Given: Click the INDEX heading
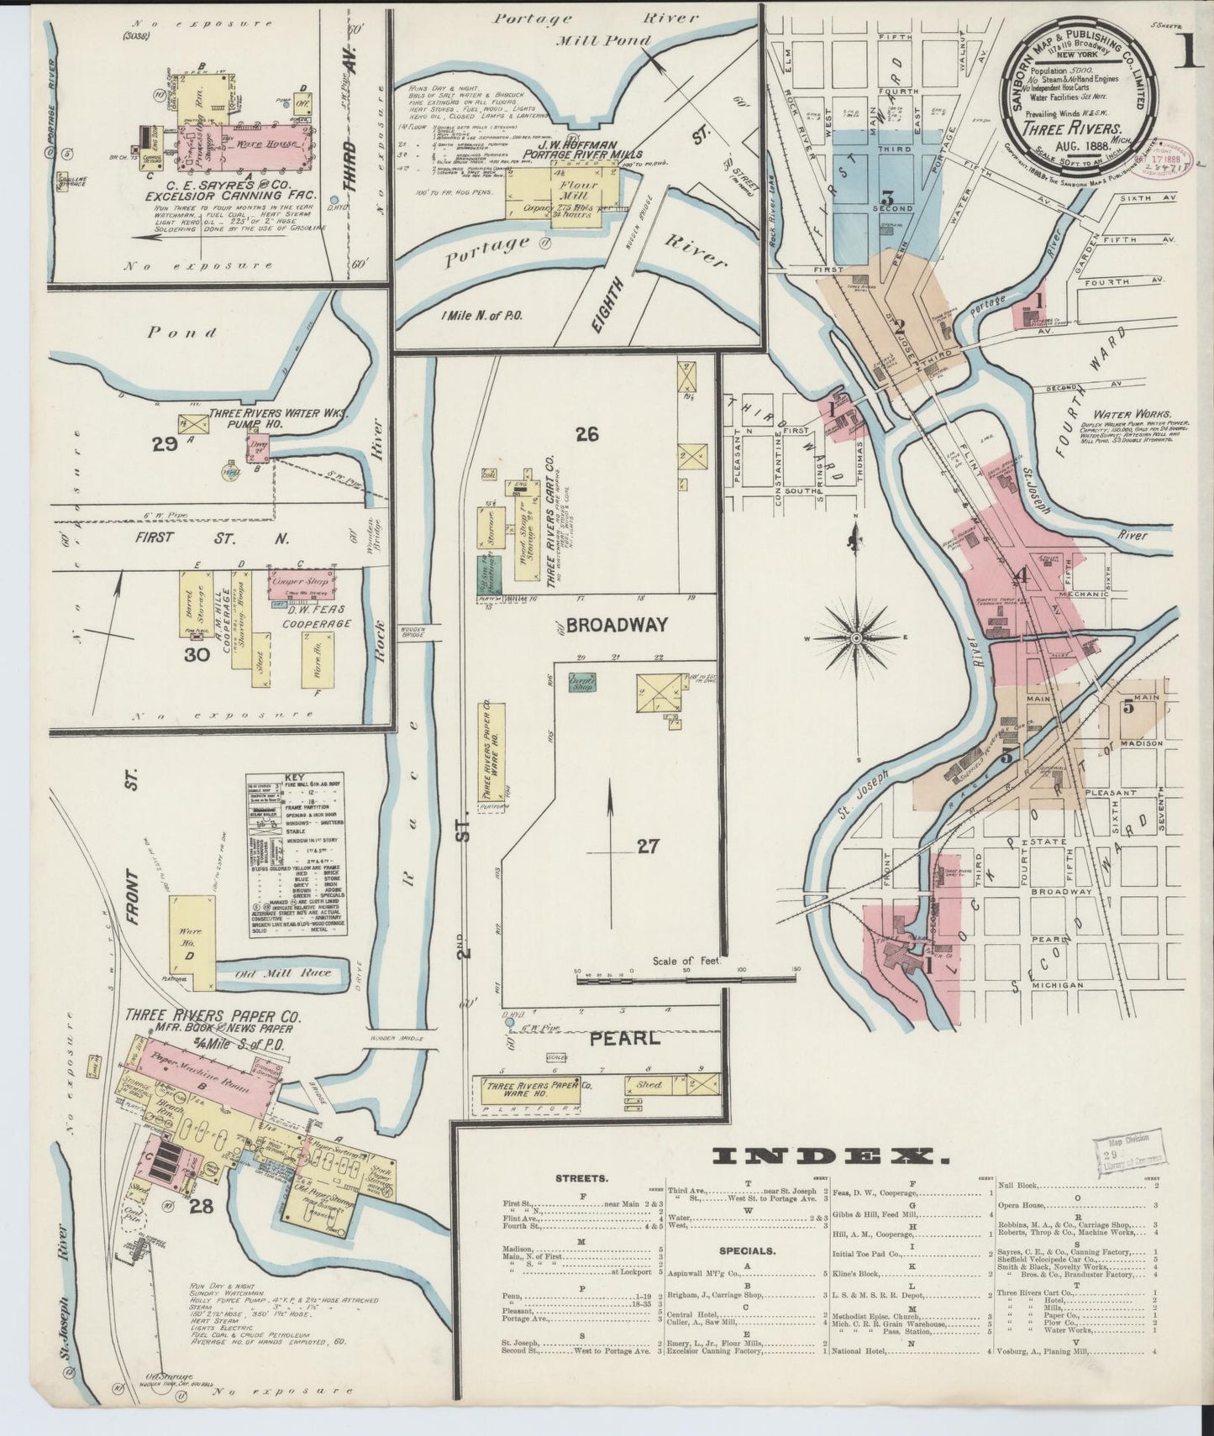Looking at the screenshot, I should [x=831, y=1156].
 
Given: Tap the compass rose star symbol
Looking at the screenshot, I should [x=856, y=638].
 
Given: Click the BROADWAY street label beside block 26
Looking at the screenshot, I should [x=617, y=625].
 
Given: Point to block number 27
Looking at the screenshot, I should [x=647, y=846].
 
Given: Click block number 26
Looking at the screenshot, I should [x=586, y=434].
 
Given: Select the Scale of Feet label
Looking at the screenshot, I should [x=687, y=961].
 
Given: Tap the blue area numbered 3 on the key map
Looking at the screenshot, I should [x=884, y=200].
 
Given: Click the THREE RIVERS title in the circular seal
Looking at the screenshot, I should [x=1071, y=128].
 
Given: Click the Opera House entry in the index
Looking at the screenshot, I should [x=1023, y=1204].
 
